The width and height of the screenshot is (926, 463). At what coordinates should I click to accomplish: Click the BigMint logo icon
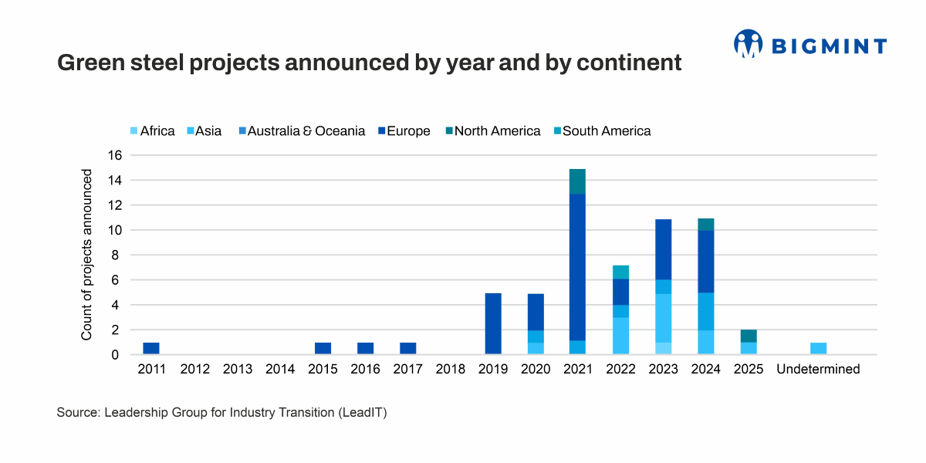pyautogui.click(x=748, y=44)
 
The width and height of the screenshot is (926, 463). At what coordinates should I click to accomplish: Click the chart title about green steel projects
pyautogui.click(x=370, y=63)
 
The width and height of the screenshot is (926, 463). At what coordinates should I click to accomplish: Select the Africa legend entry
pyautogui.click(x=152, y=131)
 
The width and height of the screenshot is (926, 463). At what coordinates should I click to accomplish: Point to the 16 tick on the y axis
pyautogui.click(x=114, y=155)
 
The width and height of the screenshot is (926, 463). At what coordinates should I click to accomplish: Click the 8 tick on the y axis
pyautogui.click(x=118, y=255)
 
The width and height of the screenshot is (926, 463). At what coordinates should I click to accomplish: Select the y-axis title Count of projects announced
pyautogui.click(x=87, y=255)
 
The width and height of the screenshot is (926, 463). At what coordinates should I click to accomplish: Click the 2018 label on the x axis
pyautogui.click(x=451, y=370)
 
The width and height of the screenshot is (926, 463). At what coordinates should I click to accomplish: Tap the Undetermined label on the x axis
pyautogui.click(x=819, y=370)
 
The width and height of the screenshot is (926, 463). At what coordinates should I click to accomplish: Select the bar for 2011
pyautogui.click(x=151, y=348)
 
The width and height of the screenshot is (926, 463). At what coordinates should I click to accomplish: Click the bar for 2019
pyautogui.click(x=493, y=323)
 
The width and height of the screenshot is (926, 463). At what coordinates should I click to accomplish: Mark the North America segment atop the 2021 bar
pyautogui.click(x=578, y=181)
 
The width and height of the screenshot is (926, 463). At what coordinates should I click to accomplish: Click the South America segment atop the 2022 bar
pyautogui.click(x=620, y=272)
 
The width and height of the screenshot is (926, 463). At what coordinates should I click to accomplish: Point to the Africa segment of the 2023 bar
pyautogui.click(x=664, y=348)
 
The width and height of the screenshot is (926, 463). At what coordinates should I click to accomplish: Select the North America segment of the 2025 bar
pyautogui.click(x=749, y=336)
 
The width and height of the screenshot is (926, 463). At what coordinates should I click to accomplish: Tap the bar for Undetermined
pyautogui.click(x=819, y=348)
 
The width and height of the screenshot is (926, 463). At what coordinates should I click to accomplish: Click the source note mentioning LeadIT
pyautogui.click(x=221, y=413)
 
